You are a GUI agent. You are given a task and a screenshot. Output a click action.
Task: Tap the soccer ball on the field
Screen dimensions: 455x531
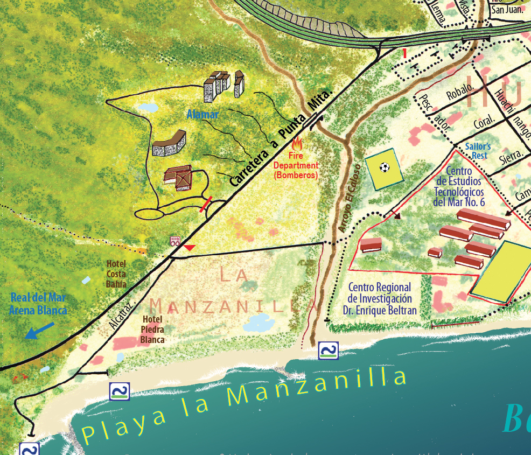[x=384, y=167]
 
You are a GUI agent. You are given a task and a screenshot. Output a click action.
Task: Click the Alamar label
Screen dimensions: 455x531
[x=202, y=114]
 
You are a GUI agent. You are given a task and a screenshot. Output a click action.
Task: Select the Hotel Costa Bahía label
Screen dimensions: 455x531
[x=117, y=274]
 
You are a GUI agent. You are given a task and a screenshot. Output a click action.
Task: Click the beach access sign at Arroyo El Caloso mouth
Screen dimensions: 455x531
[x=328, y=350]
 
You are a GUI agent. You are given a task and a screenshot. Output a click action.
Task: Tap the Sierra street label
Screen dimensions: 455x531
[x=512, y=156]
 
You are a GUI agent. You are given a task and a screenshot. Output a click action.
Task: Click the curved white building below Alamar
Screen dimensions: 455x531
[x=170, y=144]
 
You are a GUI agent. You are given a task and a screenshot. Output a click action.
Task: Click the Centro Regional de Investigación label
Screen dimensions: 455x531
[x=379, y=299]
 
